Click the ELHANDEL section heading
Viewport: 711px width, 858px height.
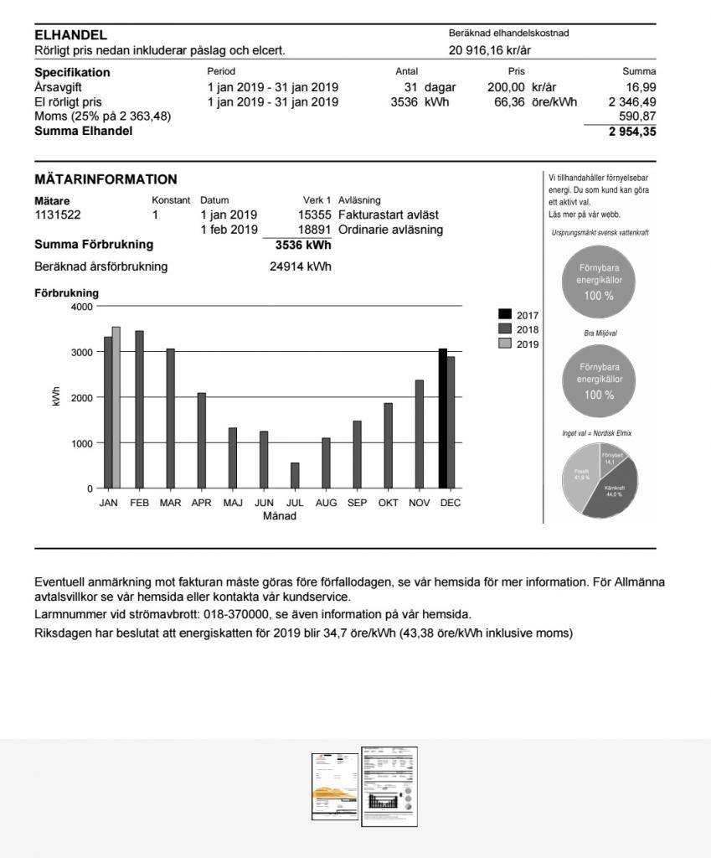tap(70, 35)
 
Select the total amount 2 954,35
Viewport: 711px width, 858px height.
tap(632, 132)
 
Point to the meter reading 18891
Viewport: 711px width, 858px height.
tap(315, 230)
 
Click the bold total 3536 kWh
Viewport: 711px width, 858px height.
tap(303, 246)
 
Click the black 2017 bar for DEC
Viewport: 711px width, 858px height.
tap(443, 418)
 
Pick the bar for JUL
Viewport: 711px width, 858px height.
tap(295, 475)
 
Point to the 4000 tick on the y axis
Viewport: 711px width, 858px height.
tap(81, 307)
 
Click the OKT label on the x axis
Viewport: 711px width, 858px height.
tap(388, 504)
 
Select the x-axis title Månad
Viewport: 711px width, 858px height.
tap(280, 516)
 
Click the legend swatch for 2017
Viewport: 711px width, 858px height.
tap(505, 315)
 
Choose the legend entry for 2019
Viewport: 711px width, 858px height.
tap(518, 344)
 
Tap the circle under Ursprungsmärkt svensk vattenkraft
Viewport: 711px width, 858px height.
tap(600, 282)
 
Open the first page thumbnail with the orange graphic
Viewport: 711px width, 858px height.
tap(334, 786)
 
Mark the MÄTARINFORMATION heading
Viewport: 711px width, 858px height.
tap(106, 179)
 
